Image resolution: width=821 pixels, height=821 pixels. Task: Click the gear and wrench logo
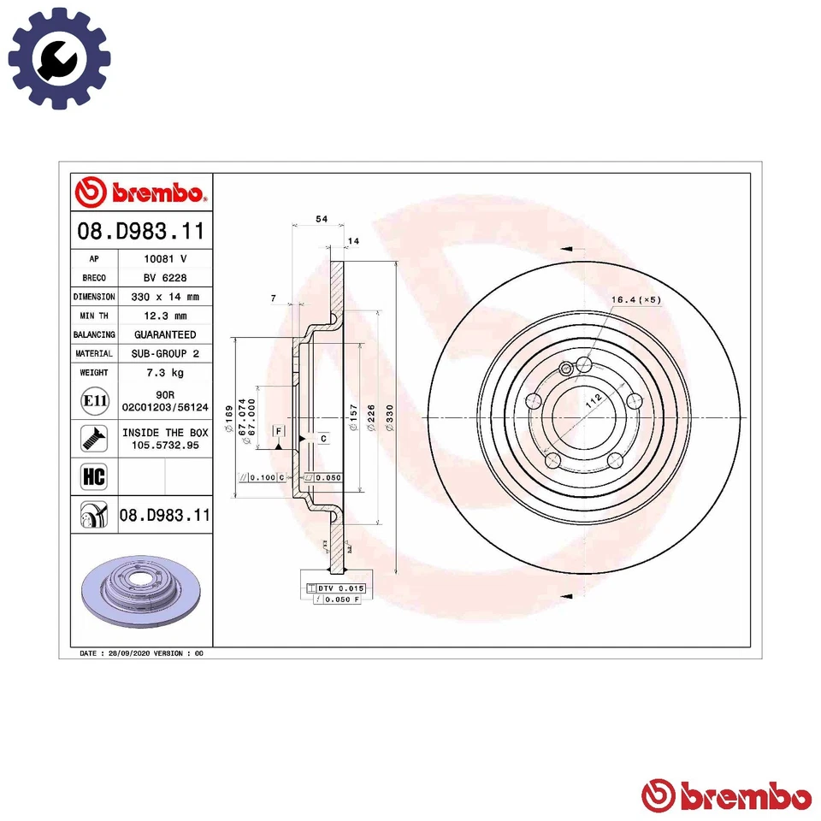coord(59,58)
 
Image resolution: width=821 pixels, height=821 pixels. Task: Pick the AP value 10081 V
coord(164,258)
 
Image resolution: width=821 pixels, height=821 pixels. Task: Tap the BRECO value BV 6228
coord(164,277)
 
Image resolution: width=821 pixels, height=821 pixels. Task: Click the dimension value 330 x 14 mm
coord(164,297)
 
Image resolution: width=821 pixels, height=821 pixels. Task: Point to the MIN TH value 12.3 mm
coord(164,316)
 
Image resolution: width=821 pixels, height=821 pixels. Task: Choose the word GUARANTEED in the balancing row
coord(164,334)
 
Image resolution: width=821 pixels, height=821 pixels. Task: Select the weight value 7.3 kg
coord(164,373)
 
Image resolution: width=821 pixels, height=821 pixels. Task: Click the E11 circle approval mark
coord(92,400)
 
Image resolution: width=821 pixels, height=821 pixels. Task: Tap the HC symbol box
coord(92,476)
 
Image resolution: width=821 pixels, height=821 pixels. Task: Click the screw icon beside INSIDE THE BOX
coord(92,439)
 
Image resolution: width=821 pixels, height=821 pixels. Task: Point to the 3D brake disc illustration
coord(139,589)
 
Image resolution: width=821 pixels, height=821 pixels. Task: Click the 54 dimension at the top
coord(321,219)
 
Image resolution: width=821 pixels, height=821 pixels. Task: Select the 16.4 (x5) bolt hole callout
coord(636,300)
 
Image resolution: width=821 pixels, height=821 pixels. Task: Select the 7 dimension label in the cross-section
coord(273,298)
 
